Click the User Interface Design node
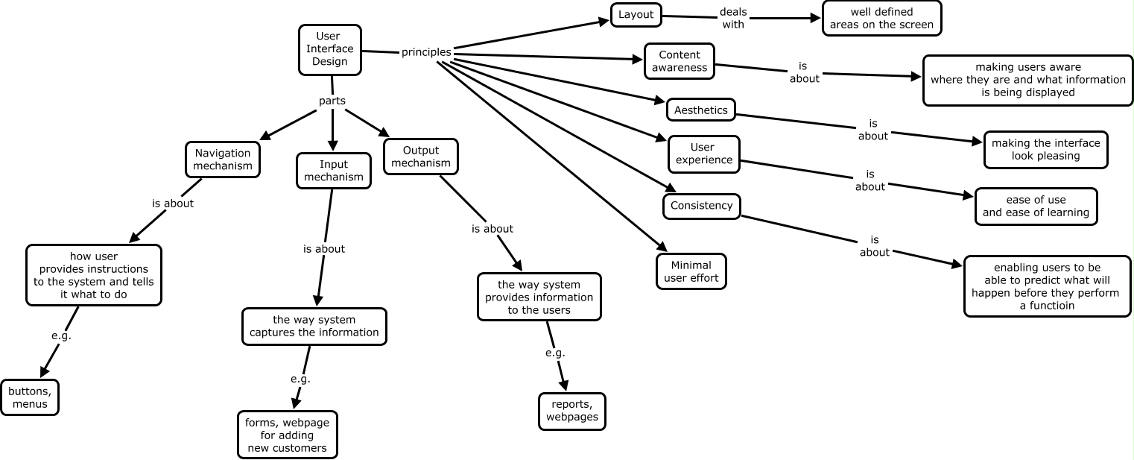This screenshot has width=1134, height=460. click(x=329, y=49)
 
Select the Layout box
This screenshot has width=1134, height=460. click(x=636, y=15)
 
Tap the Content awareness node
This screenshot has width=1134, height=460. click(x=679, y=61)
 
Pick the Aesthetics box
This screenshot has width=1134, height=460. click(x=700, y=110)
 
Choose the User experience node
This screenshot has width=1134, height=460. click(x=703, y=154)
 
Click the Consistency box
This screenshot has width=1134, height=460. click(x=701, y=206)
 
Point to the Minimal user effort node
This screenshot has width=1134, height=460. click(x=691, y=271)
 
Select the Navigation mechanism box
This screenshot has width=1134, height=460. click(x=222, y=160)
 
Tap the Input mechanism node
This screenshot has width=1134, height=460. click(x=333, y=171)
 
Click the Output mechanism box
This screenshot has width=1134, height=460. click(x=420, y=157)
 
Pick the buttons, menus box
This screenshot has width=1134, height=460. click(x=30, y=397)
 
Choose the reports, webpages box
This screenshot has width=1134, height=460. click(x=571, y=411)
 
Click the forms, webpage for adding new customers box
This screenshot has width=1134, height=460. click(x=287, y=435)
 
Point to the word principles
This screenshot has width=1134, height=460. click(x=426, y=52)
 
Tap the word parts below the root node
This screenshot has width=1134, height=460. click(x=332, y=101)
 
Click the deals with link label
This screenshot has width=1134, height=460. click(x=732, y=18)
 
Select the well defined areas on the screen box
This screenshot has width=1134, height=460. click(x=881, y=19)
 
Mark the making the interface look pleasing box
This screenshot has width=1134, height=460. click(x=1045, y=150)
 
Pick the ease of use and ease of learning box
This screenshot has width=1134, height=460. click(x=1036, y=207)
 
